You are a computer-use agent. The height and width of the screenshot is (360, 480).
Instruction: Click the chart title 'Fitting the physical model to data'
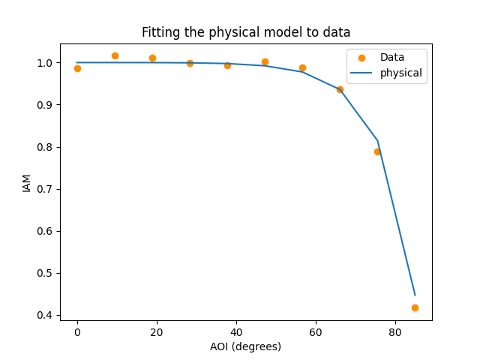(x=246, y=32)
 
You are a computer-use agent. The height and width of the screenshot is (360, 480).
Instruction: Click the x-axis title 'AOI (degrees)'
(x=246, y=346)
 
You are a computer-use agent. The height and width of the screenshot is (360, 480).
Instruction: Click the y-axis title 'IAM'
(x=27, y=182)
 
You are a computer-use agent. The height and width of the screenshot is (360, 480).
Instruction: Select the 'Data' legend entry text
(x=392, y=57)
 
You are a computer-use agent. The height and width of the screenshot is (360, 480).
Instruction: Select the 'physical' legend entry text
(x=401, y=73)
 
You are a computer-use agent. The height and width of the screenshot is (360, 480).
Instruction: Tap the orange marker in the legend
(x=361, y=58)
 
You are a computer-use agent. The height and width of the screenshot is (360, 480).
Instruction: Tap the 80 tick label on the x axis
(x=395, y=331)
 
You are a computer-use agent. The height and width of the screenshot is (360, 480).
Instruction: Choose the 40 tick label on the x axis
(x=236, y=331)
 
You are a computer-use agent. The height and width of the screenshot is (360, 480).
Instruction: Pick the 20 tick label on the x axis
(x=157, y=331)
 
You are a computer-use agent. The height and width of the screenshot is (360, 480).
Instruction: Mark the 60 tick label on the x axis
(x=316, y=331)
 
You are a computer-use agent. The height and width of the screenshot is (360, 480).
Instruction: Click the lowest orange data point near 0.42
(x=415, y=307)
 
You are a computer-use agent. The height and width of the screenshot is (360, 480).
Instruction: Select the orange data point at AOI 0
(x=77, y=68)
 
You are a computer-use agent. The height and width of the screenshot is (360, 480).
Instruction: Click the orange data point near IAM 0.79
(x=377, y=151)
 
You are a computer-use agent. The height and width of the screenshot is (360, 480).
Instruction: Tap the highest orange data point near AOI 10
(x=115, y=55)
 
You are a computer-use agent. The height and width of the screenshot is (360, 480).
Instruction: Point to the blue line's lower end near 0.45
(x=415, y=295)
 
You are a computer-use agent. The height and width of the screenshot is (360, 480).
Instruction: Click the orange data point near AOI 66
(x=340, y=89)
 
